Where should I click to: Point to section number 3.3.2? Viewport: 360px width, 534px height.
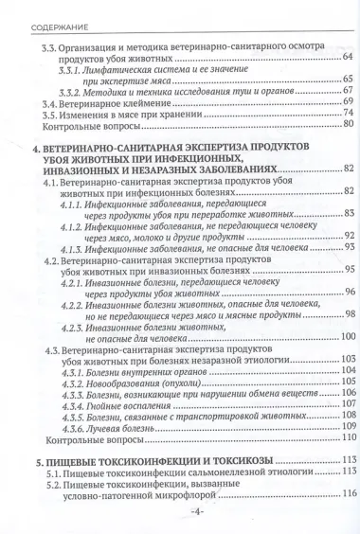tap(71, 92)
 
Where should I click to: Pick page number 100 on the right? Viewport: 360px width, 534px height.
tap(346, 337)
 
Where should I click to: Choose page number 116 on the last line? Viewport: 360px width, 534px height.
tap(346, 494)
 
